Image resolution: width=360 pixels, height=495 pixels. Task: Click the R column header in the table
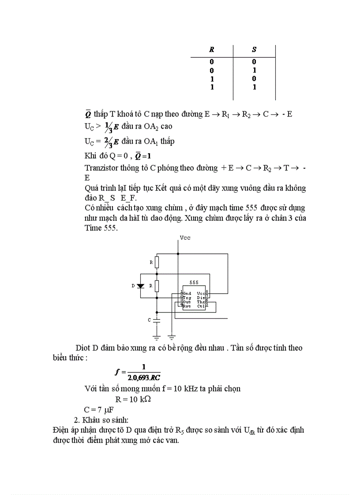pyautogui.click(x=211, y=50)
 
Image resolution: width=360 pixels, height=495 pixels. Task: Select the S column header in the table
pyautogui.click(x=254, y=50)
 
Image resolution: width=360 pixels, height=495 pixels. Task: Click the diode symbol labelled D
pyautogui.click(x=141, y=286)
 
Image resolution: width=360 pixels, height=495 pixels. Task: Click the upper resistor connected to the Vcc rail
pyautogui.click(x=157, y=263)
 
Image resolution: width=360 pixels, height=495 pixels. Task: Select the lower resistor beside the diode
pyautogui.click(x=157, y=286)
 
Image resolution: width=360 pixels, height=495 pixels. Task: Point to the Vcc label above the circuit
pyautogui.click(x=185, y=238)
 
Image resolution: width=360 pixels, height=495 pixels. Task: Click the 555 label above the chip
pyautogui.click(x=194, y=283)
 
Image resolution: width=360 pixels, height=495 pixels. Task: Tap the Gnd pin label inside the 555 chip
pyautogui.click(x=187, y=293)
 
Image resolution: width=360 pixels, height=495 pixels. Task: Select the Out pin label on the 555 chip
pyautogui.click(x=187, y=302)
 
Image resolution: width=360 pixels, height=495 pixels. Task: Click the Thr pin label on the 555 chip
pyautogui.click(x=201, y=302)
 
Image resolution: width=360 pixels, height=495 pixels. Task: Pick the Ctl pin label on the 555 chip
pyautogui.click(x=201, y=306)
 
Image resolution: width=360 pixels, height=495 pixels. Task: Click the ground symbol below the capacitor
pyautogui.click(x=157, y=337)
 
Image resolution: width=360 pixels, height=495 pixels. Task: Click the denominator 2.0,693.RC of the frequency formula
pyautogui.click(x=144, y=377)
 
